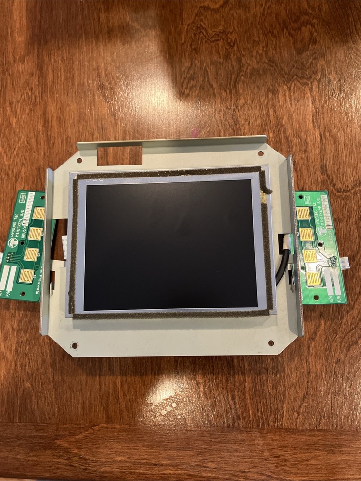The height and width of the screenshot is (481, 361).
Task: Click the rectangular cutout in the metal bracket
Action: click(x=120, y=155)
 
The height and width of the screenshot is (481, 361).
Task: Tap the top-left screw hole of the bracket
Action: click(x=79, y=161)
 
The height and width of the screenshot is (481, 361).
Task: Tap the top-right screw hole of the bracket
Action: click(x=260, y=154)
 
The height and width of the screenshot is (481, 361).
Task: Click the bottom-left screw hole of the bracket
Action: click(x=74, y=345)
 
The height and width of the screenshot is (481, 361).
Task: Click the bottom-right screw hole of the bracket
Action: click(x=271, y=343)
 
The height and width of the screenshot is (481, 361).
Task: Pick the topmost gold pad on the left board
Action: click(x=38, y=213)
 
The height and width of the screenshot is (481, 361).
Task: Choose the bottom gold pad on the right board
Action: click(x=313, y=278)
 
